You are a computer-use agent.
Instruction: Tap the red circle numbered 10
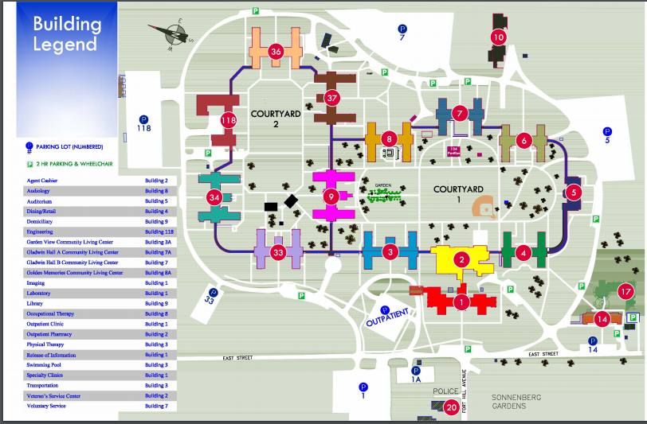tap(499, 37)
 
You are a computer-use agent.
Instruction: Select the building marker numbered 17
tap(625, 291)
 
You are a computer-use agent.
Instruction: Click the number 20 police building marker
tap(451, 408)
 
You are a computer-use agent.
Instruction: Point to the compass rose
tap(171, 33)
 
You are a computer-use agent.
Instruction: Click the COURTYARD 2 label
tap(276, 119)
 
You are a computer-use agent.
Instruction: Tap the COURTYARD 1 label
tap(458, 189)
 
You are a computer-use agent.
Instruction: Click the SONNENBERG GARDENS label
tap(498, 401)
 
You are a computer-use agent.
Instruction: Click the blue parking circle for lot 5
tap(606, 132)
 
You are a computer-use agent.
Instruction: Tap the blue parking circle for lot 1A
tap(415, 371)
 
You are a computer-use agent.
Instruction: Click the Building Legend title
tap(67, 33)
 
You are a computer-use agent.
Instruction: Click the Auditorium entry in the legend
tap(41, 201)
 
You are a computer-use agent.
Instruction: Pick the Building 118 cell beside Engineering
tap(159, 231)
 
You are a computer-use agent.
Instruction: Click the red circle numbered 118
tap(229, 121)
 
